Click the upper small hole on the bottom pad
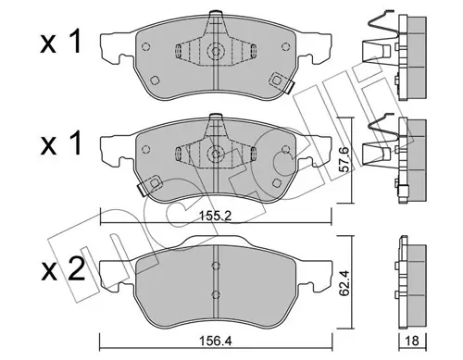(x=215, y=270)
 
